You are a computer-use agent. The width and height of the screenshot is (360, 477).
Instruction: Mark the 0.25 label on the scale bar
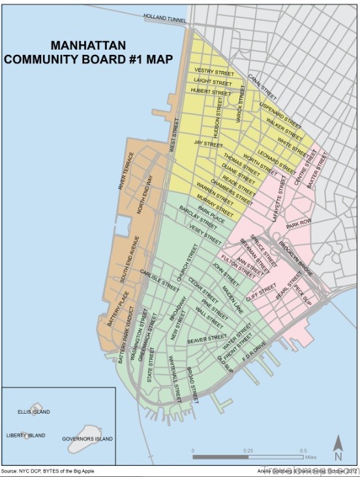pos(248,451)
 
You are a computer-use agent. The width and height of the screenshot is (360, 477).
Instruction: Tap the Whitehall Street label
pos(174,377)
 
